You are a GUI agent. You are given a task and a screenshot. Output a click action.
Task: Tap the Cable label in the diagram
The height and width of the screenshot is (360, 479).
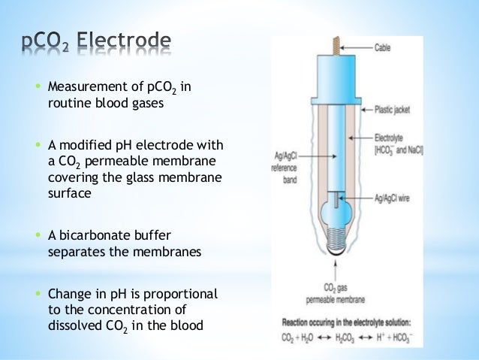382,47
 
